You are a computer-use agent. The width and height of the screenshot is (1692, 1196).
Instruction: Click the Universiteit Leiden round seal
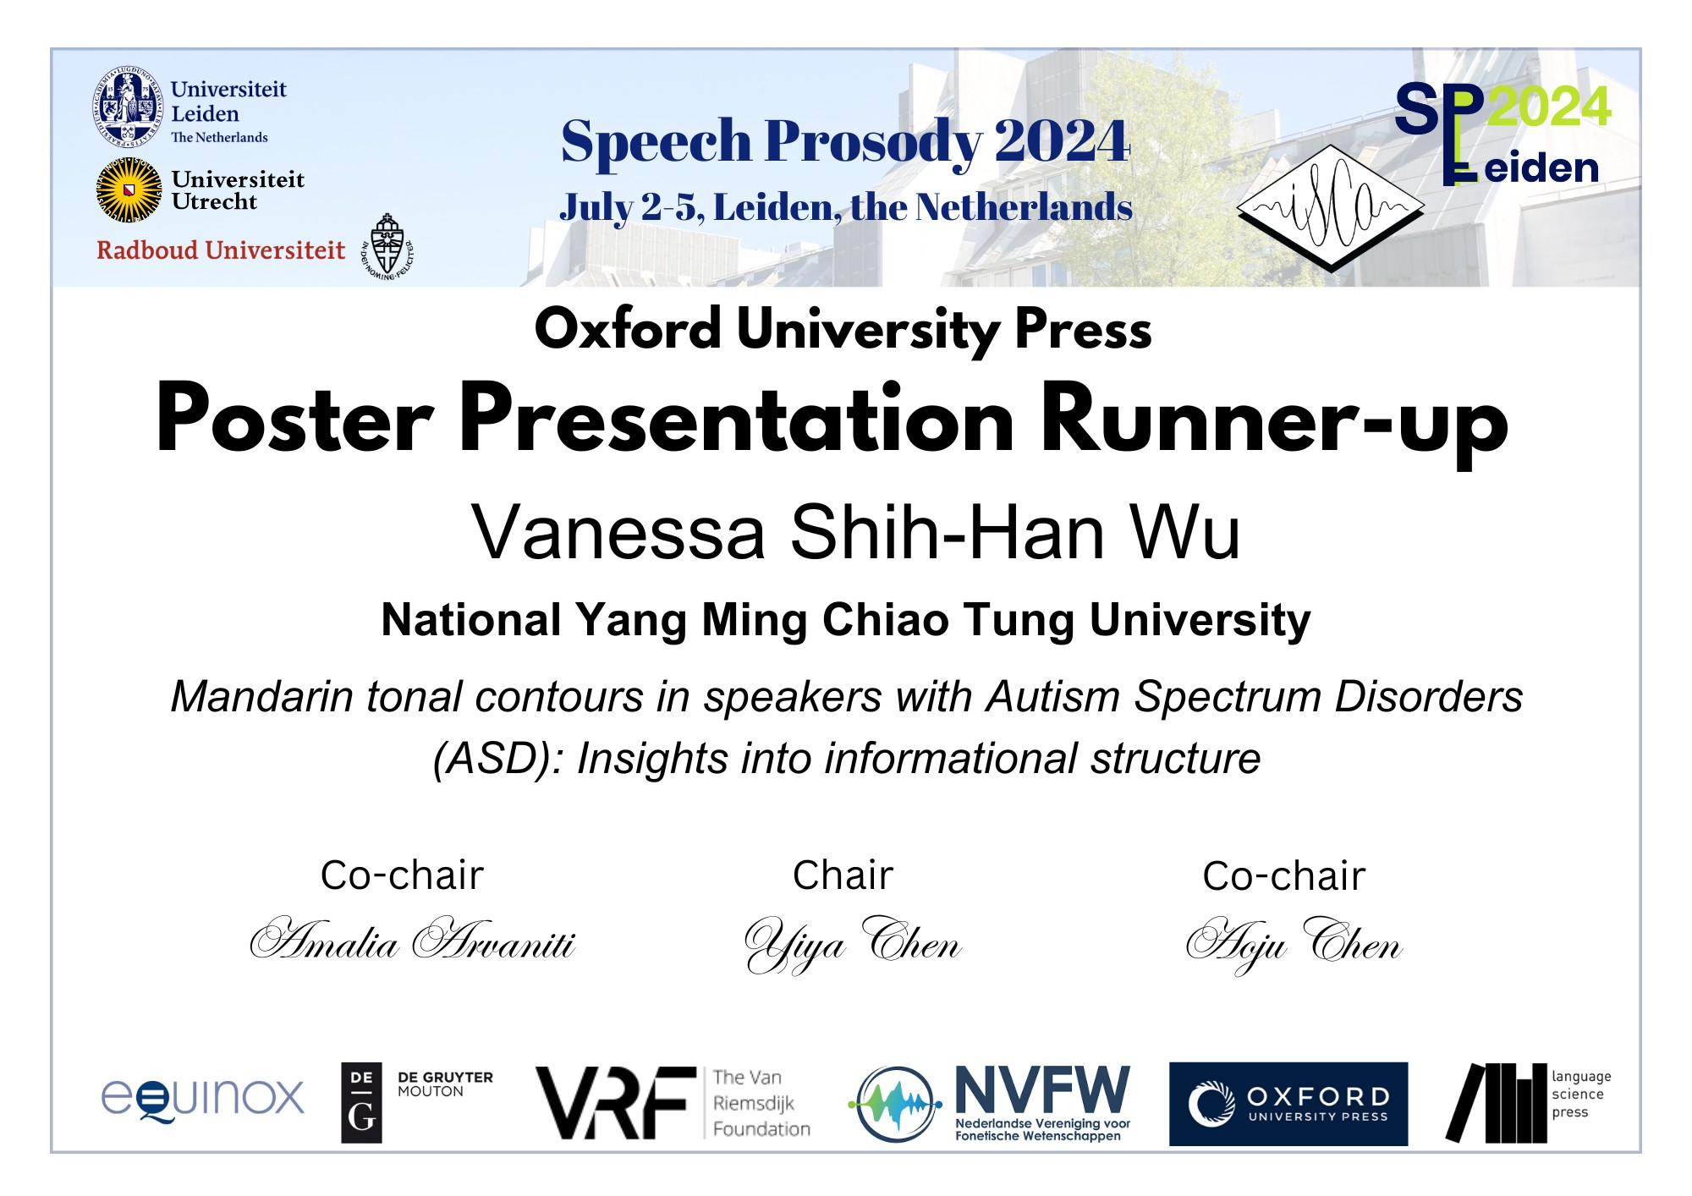tap(127, 107)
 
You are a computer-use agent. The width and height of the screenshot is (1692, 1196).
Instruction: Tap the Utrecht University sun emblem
tap(129, 190)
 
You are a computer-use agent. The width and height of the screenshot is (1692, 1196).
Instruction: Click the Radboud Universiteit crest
tap(387, 246)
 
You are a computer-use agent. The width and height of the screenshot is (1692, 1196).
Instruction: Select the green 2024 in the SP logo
tap(1548, 107)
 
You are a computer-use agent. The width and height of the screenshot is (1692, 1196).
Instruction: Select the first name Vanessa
tap(618, 532)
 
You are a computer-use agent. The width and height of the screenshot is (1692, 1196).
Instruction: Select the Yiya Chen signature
tap(853, 944)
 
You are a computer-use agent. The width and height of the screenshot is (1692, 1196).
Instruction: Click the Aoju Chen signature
tap(1294, 944)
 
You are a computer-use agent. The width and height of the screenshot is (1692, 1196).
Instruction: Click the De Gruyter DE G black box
tap(361, 1103)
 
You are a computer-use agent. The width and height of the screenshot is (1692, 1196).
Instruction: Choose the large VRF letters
tap(616, 1103)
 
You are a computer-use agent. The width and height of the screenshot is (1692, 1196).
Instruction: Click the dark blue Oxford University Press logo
tap(1288, 1105)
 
